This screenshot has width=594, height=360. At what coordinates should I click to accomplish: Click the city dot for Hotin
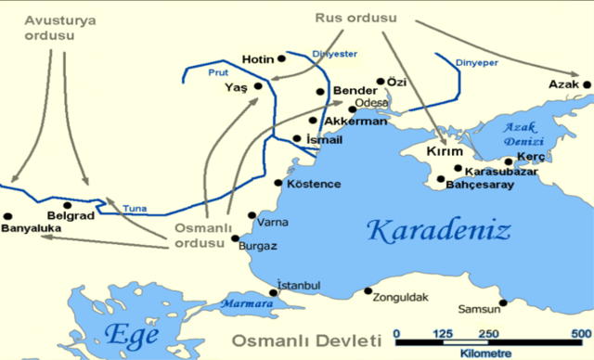point(282,58)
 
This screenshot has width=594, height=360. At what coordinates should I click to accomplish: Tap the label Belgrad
point(79,213)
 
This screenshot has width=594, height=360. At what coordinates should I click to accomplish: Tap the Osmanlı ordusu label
point(199,236)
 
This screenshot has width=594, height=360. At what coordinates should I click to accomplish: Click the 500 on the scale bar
point(581,333)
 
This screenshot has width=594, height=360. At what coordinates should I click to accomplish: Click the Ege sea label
point(134,335)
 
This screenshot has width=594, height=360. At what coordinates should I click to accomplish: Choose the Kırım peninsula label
point(444,151)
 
